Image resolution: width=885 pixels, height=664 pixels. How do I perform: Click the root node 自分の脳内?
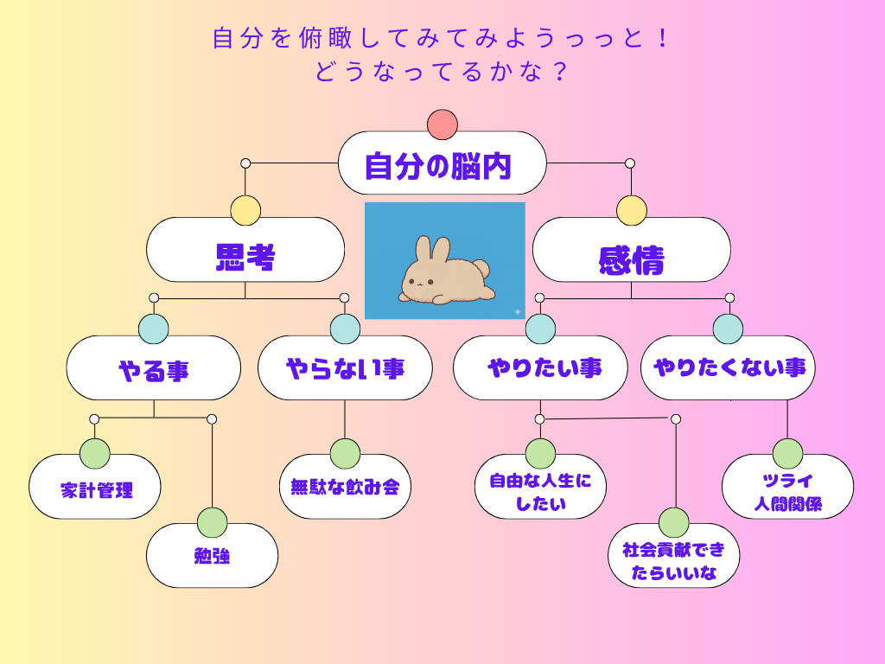coord(442,163)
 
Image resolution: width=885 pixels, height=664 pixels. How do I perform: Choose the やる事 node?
coord(154,368)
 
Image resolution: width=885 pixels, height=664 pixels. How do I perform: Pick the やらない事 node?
coord(345,368)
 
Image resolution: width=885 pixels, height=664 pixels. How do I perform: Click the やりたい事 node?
coord(540,368)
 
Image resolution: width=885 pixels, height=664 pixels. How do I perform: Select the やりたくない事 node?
coord(729,368)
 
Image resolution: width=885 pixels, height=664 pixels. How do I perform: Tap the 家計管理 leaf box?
coord(95,488)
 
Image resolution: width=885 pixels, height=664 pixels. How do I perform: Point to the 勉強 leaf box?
coord(212,556)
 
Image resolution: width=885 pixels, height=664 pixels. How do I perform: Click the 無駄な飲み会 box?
coord(345,487)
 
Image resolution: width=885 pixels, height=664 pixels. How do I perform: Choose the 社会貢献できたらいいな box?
coord(674,560)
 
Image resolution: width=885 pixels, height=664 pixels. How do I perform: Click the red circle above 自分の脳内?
coord(442,124)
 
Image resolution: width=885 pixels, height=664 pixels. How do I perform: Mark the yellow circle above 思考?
coord(245,211)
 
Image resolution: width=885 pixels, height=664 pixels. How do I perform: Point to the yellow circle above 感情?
coord(631,211)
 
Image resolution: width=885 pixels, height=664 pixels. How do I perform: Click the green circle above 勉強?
coord(212,522)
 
